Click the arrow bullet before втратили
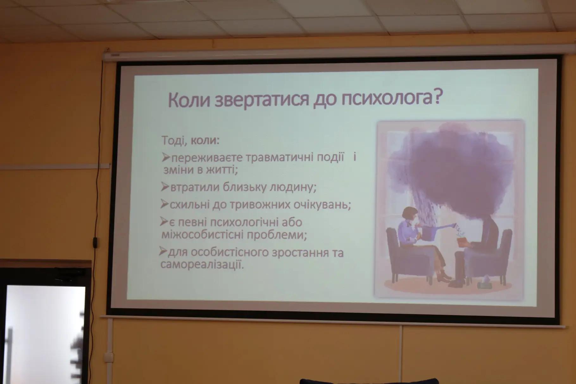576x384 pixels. (165, 186)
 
